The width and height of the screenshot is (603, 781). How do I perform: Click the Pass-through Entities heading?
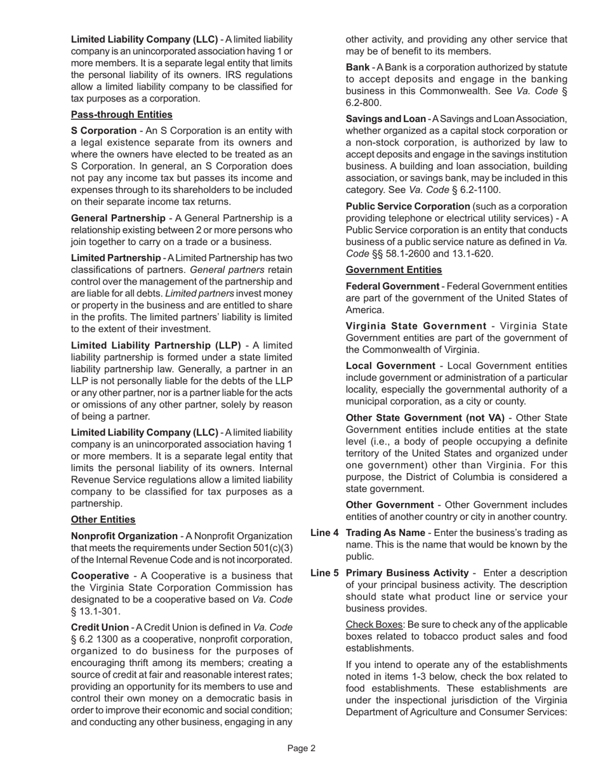click(x=121, y=115)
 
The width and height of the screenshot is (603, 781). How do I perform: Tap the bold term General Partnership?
click(x=118, y=218)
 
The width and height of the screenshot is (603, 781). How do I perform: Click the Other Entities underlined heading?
click(x=103, y=519)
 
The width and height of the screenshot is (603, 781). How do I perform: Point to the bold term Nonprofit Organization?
click(x=124, y=536)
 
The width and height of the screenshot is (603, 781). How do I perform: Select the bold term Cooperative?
click(x=97, y=575)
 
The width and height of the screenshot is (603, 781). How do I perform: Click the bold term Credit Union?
click(x=100, y=627)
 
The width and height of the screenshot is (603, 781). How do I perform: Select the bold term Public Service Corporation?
click(x=408, y=206)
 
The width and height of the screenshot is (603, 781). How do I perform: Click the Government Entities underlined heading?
click(x=394, y=270)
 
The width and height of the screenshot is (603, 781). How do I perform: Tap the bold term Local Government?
click(x=390, y=366)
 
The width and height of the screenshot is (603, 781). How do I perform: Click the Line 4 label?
click(x=324, y=533)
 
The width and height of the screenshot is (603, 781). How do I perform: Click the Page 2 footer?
click(x=301, y=749)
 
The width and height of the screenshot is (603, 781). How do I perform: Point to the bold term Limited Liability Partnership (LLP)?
click(x=156, y=345)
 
